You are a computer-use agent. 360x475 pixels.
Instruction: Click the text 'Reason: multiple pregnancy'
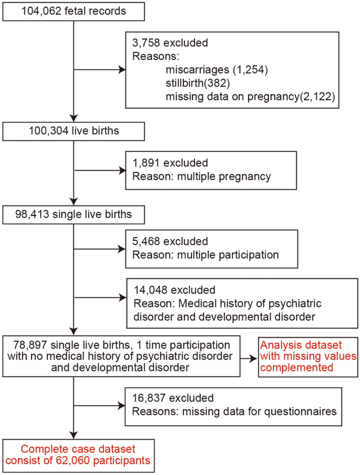click(202, 175)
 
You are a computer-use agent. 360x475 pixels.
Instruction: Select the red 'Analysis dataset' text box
click(307, 356)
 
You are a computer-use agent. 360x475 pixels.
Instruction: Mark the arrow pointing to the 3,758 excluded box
click(100, 69)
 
